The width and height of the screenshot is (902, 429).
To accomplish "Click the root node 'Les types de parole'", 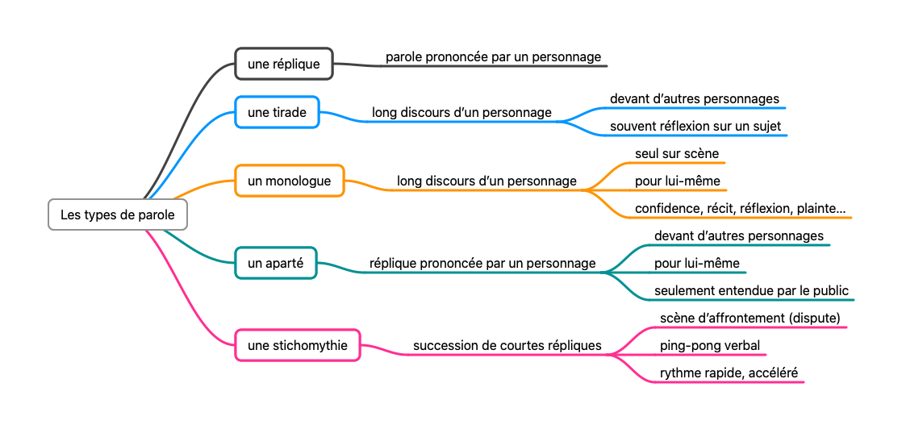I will click(x=118, y=214).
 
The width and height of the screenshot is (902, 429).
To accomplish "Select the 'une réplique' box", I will click(x=284, y=64).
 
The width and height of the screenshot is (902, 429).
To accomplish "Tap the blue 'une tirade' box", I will click(x=278, y=112).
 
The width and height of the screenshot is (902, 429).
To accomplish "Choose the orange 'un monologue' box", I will click(x=290, y=181).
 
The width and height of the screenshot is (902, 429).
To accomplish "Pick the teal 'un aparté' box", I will click(x=276, y=263).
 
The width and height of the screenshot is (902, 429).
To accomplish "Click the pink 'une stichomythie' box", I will click(x=298, y=345).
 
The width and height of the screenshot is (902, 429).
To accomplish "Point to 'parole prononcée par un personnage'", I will click(x=493, y=57).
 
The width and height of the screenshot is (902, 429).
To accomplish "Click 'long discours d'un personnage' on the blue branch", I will click(x=461, y=112).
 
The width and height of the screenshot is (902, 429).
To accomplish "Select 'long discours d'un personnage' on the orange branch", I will click(x=486, y=181).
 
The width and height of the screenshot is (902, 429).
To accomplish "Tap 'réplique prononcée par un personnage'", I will click(x=482, y=263).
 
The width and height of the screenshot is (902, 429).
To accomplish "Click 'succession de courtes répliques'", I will click(x=507, y=345).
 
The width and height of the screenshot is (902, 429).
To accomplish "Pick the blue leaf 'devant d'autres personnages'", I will click(x=695, y=99).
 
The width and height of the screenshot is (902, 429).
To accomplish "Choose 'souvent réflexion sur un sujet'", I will click(x=695, y=127).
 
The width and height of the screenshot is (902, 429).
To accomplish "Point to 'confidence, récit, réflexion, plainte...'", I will click(x=740, y=208).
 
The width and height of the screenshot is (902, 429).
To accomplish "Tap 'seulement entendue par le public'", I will click(x=751, y=290).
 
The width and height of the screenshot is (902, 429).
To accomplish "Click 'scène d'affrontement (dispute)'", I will click(x=750, y=318).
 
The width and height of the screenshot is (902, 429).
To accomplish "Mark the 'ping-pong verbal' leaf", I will click(x=709, y=345).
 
